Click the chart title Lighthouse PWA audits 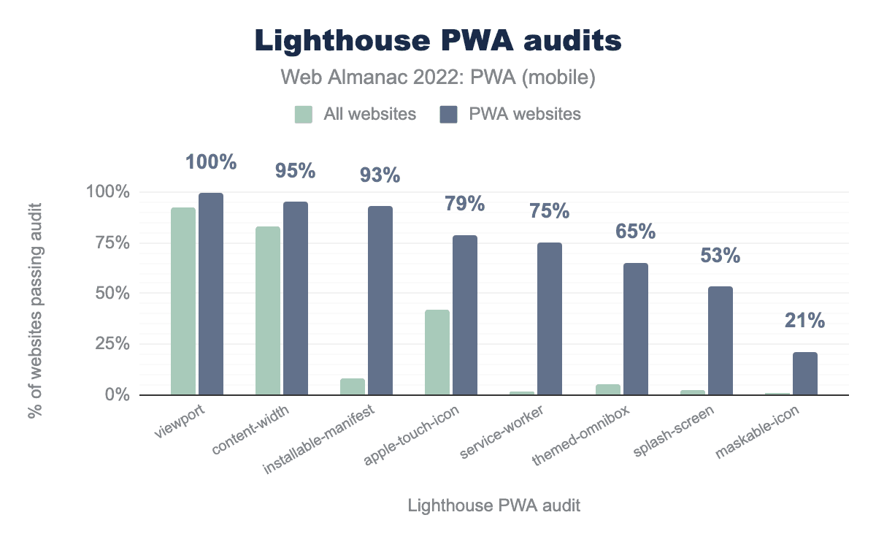pyautogui.click(x=438, y=42)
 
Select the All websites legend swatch pyautogui.click(x=304, y=115)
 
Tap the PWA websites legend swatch pyautogui.click(x=448, y=115)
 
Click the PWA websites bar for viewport pyautogui.click(x=211, y=294)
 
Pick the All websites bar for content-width pyautogui.click(x=268, y=310)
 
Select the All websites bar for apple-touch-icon pyautogui.click(x=437, y=352)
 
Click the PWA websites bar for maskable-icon pyautogui.click(x=805, y=373)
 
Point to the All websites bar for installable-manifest pyautogui.click(x=353, y=386)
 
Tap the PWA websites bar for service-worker pyautogui.click(x=550, y=318)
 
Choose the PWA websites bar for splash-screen pyautogui.click(x=721, y=340)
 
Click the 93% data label pyautogui.click(x=380, y=175)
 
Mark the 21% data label pyautogui.click(x=805, y=321)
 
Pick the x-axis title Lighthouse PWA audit pyautogui.click(x=494, y=505)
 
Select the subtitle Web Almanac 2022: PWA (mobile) pyautogui.click(x=438, y=78)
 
